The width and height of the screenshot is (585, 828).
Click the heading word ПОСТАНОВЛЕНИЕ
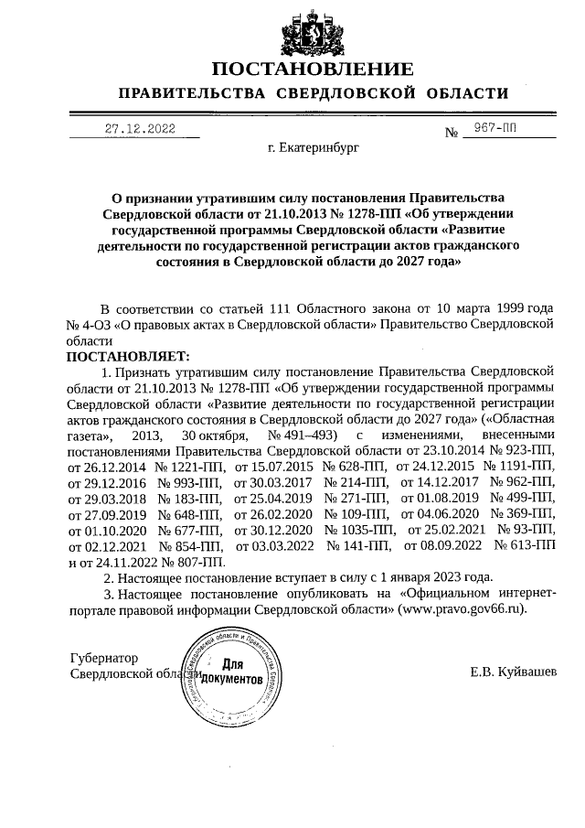313,70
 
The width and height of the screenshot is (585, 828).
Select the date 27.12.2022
138,129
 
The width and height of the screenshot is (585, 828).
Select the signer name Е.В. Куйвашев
512,672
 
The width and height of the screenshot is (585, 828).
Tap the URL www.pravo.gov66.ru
463,608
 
